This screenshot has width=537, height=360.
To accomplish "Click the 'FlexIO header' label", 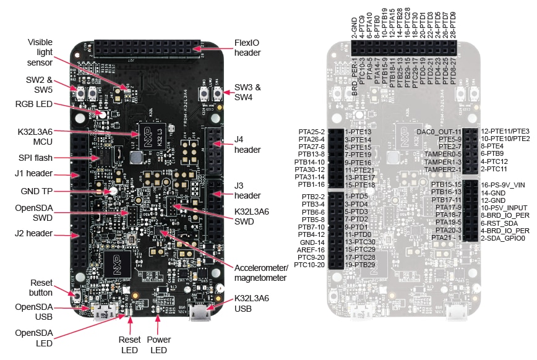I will pyautogui.click(x=247, y=48).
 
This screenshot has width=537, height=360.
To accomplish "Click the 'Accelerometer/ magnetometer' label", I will pyautogui.click(x=261, y=273).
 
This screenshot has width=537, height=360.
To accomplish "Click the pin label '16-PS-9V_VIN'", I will pyautogui.click(x=503, y=184).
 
